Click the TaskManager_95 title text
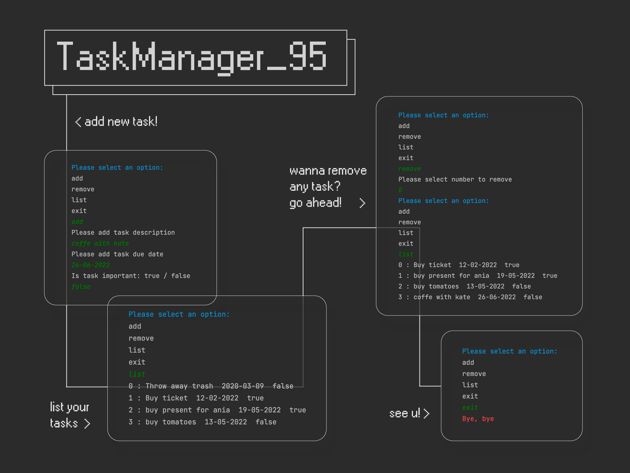[192, 57]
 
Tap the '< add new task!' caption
[116, 122]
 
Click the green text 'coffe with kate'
[100, 243]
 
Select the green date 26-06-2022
[91, 265]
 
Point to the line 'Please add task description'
[123, 232]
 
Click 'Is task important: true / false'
[131, 276]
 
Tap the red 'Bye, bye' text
[478, 419]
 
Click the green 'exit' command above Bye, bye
[470, 408]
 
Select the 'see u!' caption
[405, 413]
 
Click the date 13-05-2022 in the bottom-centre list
[226, 422]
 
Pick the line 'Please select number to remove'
[455, 179]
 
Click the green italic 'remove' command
[409, 169]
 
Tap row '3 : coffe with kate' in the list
[470, 297]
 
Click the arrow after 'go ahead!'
[362, 203]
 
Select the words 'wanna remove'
[328, 171]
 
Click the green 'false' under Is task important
[81, 287]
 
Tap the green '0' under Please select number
[400, 190]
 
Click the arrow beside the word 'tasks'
[87, 423]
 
